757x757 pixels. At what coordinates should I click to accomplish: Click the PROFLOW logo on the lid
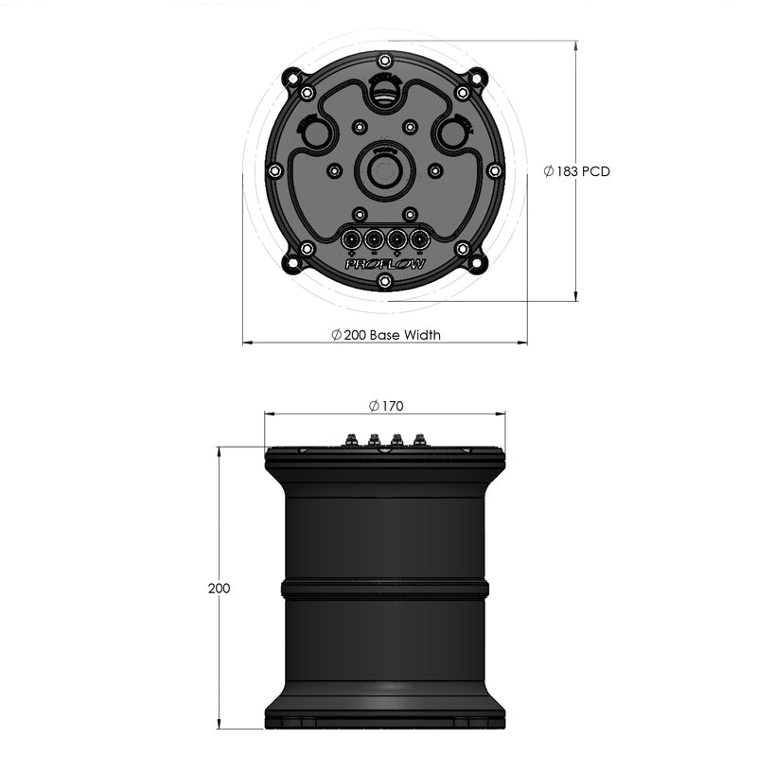384,264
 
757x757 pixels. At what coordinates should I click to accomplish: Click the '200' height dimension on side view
219,588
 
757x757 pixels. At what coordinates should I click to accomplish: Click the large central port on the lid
384,171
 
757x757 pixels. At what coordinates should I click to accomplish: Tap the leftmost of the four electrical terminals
351,238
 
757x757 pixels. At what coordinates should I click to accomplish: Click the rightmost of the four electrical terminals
417,238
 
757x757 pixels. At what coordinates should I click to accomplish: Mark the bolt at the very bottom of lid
384,281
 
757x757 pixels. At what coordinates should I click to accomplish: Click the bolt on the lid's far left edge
274,170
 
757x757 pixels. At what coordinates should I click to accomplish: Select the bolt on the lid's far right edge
494,170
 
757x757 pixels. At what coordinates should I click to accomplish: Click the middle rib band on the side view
384,589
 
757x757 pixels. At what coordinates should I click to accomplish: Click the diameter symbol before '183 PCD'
550,171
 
